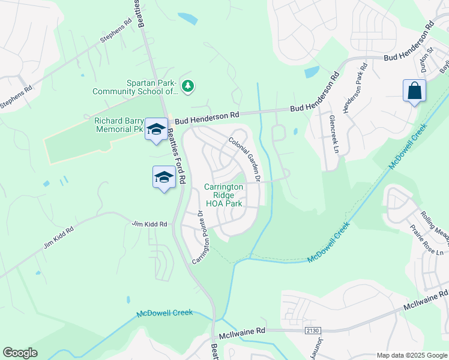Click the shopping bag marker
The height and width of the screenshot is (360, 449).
point(414,91)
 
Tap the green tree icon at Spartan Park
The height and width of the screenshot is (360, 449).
point(188,87)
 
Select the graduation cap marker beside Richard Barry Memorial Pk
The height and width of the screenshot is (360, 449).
point(157,129)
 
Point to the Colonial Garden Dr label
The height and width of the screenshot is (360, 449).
point(244,158)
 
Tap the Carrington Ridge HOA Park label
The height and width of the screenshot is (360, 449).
point(223,195)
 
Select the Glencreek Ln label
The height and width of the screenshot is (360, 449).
point(333,134)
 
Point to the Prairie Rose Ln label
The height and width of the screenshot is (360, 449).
point(426,239)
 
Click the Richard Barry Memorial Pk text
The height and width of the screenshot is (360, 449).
point(119,124)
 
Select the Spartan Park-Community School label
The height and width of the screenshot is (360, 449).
point(136,87)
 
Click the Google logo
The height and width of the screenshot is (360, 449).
point(20,353)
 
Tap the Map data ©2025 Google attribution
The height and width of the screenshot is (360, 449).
point(411,355)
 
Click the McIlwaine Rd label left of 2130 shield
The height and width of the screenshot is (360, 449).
point(241,331)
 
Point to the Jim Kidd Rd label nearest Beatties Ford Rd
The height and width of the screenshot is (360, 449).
point(149,224)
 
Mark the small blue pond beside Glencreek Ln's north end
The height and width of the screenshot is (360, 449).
point(312,73)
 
